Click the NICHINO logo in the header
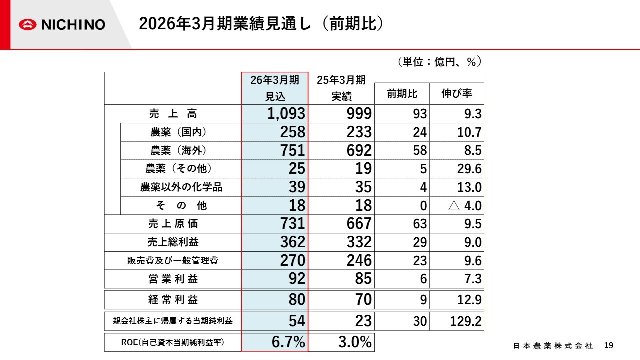click(x=62, y=24)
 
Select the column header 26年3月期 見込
click(x=275, y=88)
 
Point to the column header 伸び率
click(x=456, y=94)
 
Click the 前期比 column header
click(x=402, y=94)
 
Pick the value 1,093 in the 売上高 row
click(x=286, y=114)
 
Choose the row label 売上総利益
click(x=173, y=242)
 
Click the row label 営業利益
click(x=173, y=279)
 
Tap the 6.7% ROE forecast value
click(x=288, y=342)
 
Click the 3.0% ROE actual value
click(x=355, y=342)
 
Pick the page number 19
click(x=608, y=346)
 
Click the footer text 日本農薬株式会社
click(x=553, y=346)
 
